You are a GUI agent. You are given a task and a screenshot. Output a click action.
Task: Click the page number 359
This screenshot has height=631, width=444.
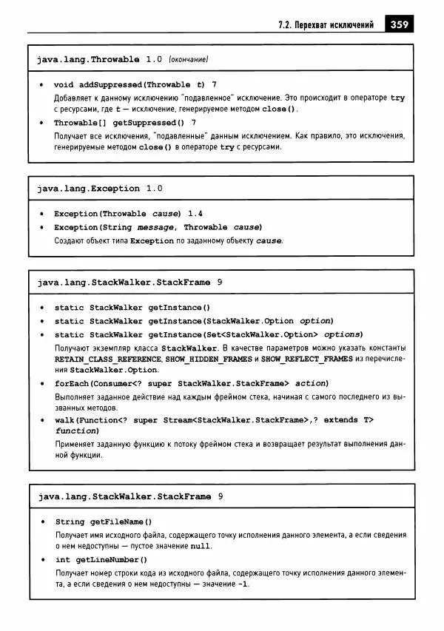point(399,24)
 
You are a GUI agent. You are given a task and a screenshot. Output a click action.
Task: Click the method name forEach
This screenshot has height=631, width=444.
point(71,383)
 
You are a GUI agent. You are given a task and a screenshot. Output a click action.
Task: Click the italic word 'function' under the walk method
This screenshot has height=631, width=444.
point(76,431)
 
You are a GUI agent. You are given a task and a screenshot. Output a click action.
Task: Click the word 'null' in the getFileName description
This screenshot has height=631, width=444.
point(200,547)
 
